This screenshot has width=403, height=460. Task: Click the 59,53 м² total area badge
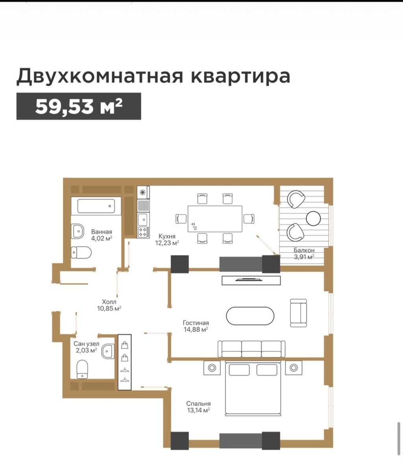79,106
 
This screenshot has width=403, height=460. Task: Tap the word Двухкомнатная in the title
100,76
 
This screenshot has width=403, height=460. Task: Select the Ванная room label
102,232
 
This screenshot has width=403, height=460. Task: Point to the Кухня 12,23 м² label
167,239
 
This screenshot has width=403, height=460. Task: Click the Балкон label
304,250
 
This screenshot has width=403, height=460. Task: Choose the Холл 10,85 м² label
109,305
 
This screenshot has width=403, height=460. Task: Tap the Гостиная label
196,323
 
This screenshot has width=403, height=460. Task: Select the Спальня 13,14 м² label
199,407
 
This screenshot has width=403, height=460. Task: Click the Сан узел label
87,344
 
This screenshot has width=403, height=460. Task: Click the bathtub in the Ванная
96,206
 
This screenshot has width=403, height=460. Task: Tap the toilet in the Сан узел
82,369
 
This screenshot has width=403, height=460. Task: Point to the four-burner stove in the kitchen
143,232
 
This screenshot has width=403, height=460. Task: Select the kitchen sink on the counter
143,218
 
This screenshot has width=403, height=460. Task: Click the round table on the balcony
313,218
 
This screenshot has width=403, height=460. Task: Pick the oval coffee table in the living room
250,316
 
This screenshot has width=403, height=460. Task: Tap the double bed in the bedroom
253,388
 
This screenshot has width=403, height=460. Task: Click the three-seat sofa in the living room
251,349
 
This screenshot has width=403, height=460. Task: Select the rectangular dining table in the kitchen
215,218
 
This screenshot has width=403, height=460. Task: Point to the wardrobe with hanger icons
125,362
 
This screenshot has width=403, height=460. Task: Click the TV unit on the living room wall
251,280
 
